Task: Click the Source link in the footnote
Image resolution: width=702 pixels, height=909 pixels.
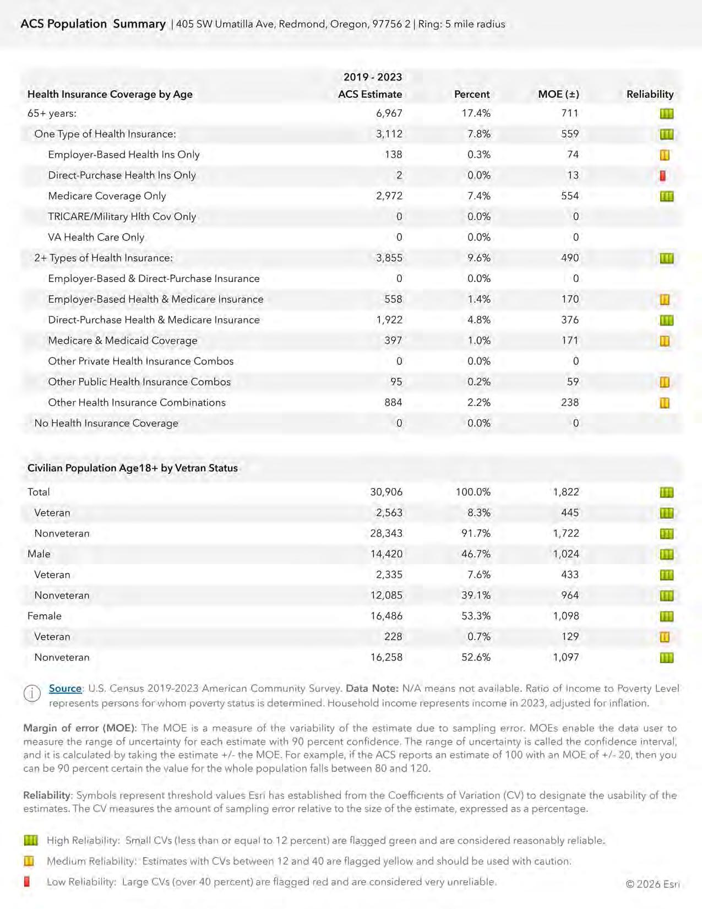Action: point(65,688)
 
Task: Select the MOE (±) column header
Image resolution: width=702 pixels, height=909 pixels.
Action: point(558,94)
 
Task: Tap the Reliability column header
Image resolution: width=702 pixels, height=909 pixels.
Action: point(650,94)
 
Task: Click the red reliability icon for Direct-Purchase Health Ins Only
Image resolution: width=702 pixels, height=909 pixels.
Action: point(663,176)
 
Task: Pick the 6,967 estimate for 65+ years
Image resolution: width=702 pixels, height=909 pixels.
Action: point(389,113)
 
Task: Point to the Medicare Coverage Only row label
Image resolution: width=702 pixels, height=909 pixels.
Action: point(107,196)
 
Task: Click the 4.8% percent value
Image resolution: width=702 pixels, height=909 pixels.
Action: point(478,320)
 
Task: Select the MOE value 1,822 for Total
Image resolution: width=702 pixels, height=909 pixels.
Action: point(566,492)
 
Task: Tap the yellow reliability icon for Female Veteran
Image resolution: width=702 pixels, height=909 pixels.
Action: point(665,637)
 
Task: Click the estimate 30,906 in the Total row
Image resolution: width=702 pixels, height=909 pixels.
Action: point(386,492)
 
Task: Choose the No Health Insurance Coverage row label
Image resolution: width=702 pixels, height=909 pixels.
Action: point(106,423)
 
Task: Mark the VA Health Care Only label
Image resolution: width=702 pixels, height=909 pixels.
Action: point(96,237)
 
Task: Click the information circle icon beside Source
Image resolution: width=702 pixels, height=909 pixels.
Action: point(32,693)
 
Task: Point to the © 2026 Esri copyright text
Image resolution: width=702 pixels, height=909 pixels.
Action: point(652,884)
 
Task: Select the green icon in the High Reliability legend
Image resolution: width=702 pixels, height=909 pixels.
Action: point(31,840)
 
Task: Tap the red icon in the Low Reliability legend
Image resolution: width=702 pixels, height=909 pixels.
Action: point(27,881)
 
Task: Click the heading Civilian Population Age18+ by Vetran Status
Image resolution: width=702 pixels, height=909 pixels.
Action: point(133,468)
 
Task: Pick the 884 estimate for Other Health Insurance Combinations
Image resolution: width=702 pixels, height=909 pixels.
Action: point(393,403)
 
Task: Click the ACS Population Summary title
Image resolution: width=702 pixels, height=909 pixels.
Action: point(93,24)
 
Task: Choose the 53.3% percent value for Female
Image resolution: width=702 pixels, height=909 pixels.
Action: point(476,616)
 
